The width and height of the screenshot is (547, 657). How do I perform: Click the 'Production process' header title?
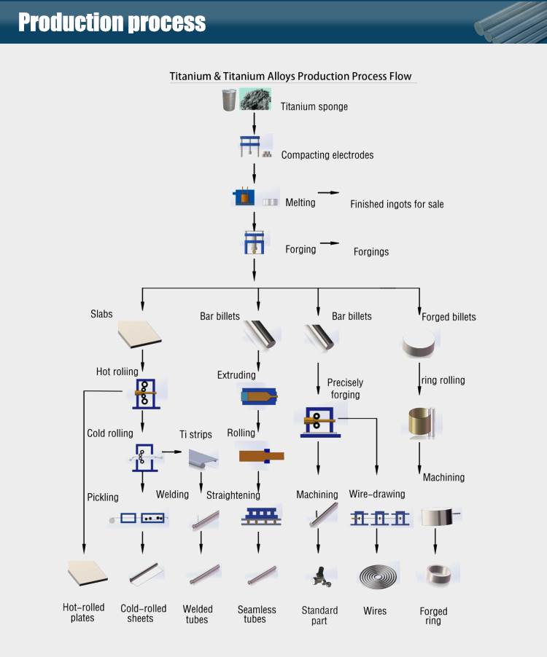[x=112, y=22]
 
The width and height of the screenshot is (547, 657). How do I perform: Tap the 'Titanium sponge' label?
[x=314, y=107]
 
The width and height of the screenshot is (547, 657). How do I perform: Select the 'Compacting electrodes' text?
[x=327, y=155]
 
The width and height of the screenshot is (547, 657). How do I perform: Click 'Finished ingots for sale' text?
[x=397, y=205]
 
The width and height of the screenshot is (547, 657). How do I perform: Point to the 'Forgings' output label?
[x=371, y=252]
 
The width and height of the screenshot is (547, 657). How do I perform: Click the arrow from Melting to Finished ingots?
[x=329, y=193]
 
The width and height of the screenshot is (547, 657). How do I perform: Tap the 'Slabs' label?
[x=101, y=314]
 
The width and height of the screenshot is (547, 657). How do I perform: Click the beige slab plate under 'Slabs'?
[x=139, y=334]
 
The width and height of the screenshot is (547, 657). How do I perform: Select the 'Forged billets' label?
[x=449, y=317]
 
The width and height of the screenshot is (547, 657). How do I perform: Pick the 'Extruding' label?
[x=236, y=376]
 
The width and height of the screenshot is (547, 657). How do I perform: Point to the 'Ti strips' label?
[x=195, y=435]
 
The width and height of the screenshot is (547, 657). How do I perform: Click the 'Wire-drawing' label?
[x=377, y=495]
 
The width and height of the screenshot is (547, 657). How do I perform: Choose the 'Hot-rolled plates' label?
[x=83, y=613]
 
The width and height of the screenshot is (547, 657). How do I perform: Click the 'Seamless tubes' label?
[x=257, y=614]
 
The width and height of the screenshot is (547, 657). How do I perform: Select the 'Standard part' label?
[x=319, y=615]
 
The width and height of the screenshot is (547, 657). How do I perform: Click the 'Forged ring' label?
[x=434, y=616]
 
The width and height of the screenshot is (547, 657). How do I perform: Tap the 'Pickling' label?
[x=102, y=497]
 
